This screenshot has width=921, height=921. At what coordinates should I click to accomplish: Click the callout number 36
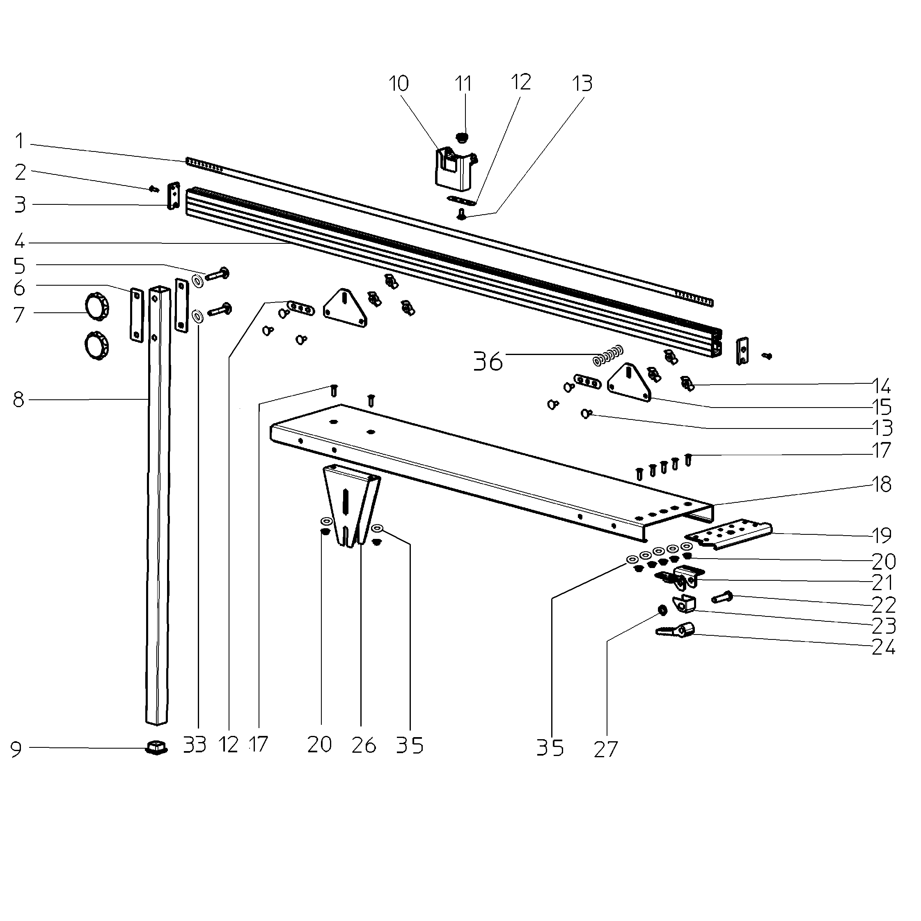[488, 362]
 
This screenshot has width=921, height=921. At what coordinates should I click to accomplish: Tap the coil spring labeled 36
[608, 355]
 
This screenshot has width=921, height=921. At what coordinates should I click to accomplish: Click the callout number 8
[18, 400]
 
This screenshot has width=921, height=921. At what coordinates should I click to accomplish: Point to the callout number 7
[18, 315]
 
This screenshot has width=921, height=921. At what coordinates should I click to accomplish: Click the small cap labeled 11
[461, 137]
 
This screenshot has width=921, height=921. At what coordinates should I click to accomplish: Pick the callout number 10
[399, 83]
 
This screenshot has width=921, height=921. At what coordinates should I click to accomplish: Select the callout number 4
[19, 241]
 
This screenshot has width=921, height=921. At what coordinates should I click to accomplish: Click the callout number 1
[19, 141]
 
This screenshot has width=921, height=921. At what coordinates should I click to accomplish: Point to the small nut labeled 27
[662, 610]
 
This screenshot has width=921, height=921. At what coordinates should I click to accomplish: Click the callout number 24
[883, 647]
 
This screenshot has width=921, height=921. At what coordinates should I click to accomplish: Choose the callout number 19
[882, 535]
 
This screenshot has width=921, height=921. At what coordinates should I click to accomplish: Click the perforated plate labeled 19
[728, 534]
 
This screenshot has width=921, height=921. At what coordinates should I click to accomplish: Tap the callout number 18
[882, 484]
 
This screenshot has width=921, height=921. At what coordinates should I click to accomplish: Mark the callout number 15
[882, 408]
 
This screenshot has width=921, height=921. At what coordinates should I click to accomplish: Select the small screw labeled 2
[153, 189]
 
